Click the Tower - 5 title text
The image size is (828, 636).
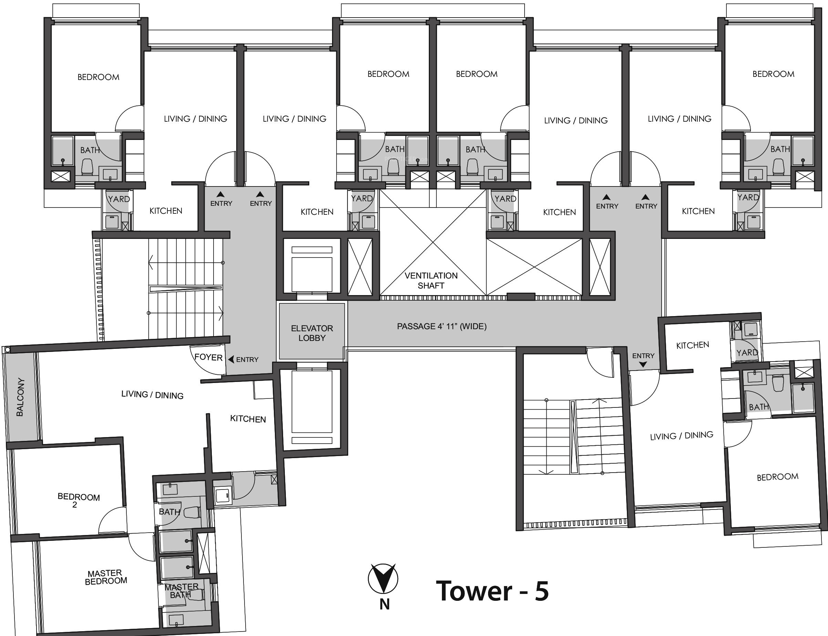[492, 591]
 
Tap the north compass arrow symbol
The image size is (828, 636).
[383, 578]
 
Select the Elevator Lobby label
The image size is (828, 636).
[312, 333]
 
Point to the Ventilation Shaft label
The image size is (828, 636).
[431, 281]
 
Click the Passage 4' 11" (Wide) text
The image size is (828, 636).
[442, 326]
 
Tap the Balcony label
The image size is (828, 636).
[20, 397]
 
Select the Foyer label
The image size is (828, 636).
[208, 357]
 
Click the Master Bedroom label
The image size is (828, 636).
[105, 577]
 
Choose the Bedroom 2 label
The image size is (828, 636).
[78, 501]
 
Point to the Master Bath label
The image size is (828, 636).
[181, 591]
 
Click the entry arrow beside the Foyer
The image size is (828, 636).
[231, 359]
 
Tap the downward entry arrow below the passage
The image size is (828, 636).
[643, 365]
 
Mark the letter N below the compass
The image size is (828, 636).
[385, 605]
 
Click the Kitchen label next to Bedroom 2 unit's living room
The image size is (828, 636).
[248, 419]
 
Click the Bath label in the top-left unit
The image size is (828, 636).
[90, 150]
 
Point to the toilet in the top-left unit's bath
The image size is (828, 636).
[87, 166]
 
